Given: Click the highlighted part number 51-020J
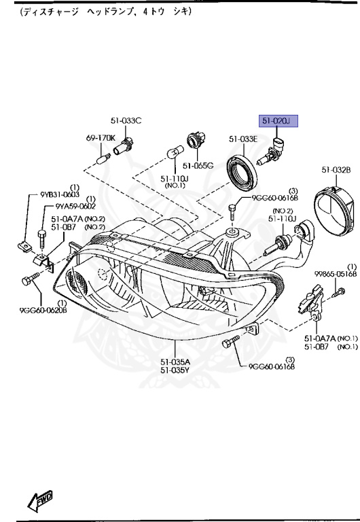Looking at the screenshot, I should [x=276, y=121].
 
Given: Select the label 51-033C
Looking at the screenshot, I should [x=126, y=121].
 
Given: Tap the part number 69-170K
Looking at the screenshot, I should [x=100, y=138].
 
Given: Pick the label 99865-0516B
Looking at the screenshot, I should [x=336, y=274].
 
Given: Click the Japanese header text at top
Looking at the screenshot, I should [x=105, y=12].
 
